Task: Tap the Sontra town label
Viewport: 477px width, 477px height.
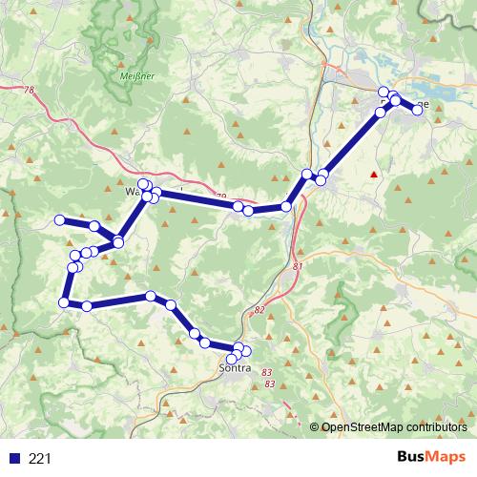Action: pos(235,365)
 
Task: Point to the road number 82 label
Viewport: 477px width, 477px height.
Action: pos(259,310)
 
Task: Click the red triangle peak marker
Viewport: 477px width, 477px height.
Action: pos(374,175)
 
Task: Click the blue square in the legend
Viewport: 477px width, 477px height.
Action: pos(13,459)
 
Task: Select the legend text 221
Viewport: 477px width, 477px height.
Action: pos(39,459)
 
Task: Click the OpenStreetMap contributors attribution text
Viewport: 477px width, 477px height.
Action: pos(394,427)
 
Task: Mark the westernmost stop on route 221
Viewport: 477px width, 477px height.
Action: pos(59,220)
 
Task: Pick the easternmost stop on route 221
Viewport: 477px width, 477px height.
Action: pos(417,110)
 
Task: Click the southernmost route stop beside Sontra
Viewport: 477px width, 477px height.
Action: pos(232,359)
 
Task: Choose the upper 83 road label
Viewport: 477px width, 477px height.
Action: pos(265,372)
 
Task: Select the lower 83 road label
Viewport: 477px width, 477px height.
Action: pos(270,384)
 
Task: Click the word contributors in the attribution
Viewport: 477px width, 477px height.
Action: pos(436,427)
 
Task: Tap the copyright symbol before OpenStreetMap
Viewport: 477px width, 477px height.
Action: pos(315,427)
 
